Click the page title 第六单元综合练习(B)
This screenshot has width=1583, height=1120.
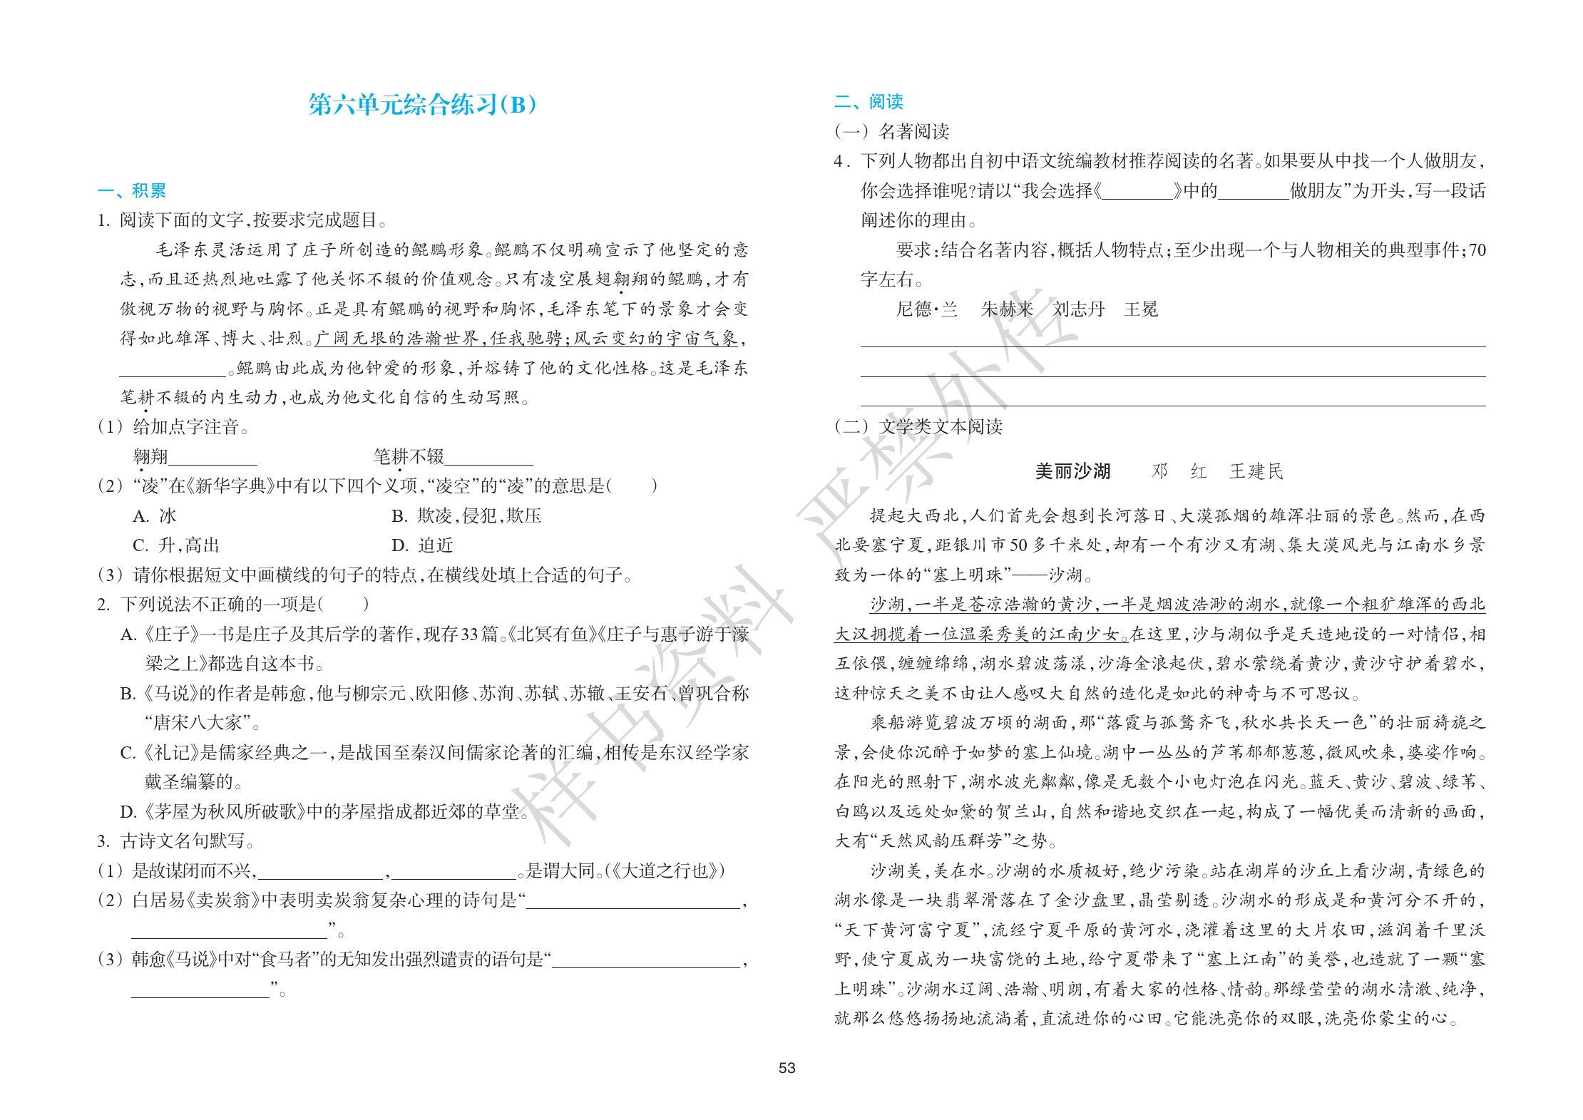pos(422,105)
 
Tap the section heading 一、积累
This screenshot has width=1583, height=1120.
pos(132,190)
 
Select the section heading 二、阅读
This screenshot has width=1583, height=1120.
pos(869,102)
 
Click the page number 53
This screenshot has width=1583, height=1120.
pos(787,1068)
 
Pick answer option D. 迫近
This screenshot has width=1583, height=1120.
pos(422,545)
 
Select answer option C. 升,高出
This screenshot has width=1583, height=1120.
pos(175,545)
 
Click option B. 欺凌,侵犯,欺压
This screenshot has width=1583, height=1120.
pos(466,515)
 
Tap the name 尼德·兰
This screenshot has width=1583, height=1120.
pos(926,309)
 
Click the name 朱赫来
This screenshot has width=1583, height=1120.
pos(1007,309)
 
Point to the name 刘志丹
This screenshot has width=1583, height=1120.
pos(1078,309)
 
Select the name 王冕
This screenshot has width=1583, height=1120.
pos(1141,309)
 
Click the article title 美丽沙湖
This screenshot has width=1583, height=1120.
pos(1072,471)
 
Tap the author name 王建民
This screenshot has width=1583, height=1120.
pos(1256,471)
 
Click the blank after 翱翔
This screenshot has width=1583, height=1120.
pos(212,458)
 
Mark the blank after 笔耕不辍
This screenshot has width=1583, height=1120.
pos(488,458)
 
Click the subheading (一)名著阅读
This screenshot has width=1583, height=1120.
pos(891,131)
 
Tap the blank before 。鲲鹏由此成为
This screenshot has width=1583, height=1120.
pos(172,369)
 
